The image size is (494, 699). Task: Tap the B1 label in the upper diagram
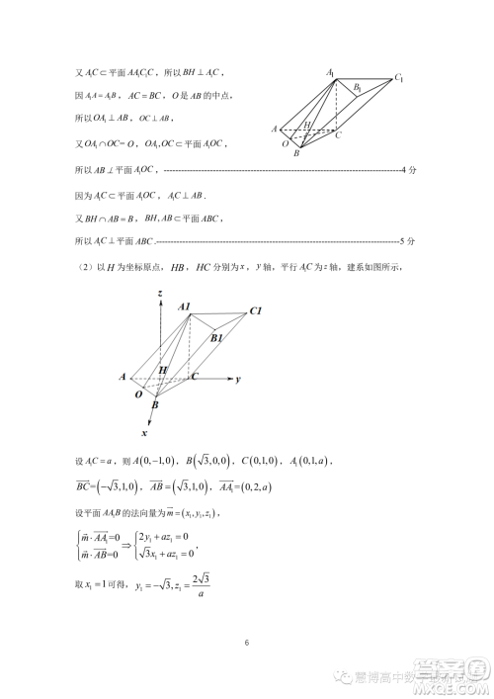tap(358, 89)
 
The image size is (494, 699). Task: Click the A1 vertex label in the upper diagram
tap(332, 71)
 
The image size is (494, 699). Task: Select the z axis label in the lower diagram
tap(159, 294)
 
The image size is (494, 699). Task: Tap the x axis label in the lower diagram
tap(144, 432)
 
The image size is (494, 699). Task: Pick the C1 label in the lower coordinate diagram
tap(254, 311)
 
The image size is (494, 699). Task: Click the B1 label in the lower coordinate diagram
tap(217, 337)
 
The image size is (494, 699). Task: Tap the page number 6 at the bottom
tap(247, 644)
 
